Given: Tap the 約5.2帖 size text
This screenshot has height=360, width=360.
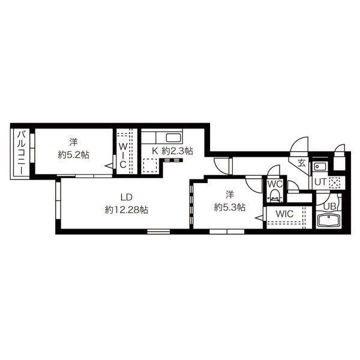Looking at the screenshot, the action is [73, 155].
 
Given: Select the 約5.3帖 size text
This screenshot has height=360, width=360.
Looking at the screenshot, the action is [230, 208].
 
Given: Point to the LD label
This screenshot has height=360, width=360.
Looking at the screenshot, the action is [126, 197].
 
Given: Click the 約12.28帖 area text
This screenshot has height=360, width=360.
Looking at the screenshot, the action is [126, 209].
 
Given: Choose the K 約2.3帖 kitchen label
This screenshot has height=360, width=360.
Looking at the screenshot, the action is [172, 151].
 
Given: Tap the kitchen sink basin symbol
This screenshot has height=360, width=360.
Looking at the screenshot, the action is [173, 138].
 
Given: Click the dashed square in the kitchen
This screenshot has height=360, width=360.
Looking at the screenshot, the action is [150, 166].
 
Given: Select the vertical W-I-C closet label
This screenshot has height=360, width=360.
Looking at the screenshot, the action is [123, 155].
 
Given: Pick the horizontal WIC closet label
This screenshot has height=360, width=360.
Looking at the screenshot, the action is [284, 214].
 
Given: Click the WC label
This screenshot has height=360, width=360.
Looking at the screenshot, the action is [275, 184].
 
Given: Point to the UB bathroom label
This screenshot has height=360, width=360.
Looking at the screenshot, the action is [330, 206].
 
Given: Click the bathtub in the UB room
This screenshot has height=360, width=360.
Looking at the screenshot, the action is [329, 221].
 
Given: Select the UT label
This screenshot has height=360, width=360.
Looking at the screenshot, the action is [320, 182].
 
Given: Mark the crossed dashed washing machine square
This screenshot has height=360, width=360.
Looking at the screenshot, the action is [335, 182].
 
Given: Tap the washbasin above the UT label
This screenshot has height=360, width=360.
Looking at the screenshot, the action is [320, 166].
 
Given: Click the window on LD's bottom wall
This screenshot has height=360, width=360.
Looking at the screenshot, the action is [158, 232].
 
